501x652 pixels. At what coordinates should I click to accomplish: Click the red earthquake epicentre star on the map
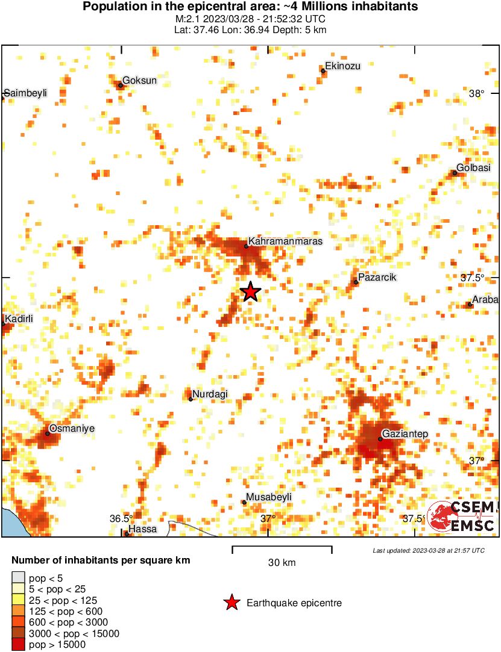(251, 292)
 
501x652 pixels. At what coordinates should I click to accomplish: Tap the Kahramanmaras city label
(285, 241)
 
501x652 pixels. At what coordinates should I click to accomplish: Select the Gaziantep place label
(405, 434)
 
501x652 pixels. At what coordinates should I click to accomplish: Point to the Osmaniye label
(72, 429)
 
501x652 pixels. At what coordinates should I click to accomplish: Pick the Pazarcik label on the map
(377, 278)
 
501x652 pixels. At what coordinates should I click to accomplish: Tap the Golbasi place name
(474, 168)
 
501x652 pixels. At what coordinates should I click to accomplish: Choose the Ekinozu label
(342, 66)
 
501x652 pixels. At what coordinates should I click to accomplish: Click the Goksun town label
(140, 80)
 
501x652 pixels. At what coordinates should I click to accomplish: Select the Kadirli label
(18, 318)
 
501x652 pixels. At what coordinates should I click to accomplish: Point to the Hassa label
(143, 529)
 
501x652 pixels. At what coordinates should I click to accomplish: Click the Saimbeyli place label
(25, 93)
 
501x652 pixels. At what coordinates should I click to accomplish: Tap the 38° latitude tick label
(476, 93)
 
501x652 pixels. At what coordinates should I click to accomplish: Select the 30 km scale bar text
(282, 563)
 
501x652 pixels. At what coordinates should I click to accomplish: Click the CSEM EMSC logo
(462, 517)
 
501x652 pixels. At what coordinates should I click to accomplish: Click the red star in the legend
(231, 603)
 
